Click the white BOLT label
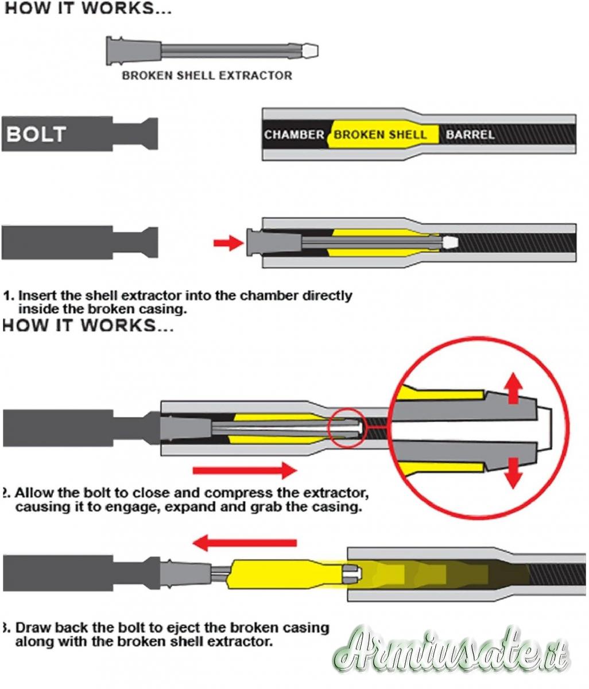(x=37, y=134)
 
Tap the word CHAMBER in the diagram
(x=294, y=135)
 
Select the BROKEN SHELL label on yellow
(x=380, y=135)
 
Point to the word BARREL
(x=470, y=135)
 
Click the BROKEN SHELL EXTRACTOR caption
(x=207, y=75)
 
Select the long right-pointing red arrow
(x=245, y=471)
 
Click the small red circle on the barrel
(x=346, y=428)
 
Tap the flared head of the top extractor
(x=117, y=50)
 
